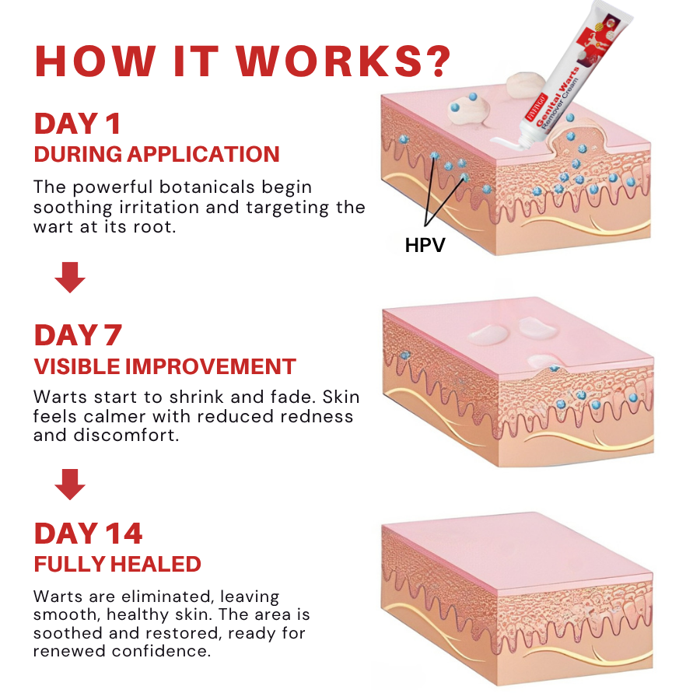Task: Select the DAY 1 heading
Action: (77, 124)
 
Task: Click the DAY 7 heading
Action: (78, 335)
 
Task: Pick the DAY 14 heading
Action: (89, 534)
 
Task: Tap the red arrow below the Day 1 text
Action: (70, 277)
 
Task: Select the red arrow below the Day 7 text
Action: (70, 484)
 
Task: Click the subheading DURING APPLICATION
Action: (156, 154)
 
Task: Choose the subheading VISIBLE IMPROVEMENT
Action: (165, 366)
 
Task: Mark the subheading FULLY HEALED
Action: (117, 564)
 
